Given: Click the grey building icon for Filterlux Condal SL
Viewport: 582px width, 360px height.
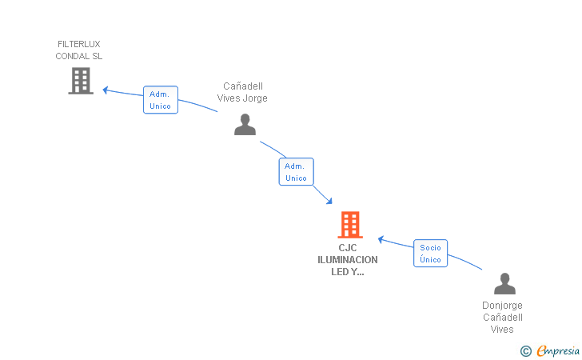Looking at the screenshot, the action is coord(81,81).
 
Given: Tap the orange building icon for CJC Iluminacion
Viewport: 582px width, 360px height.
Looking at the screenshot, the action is coord(350,225).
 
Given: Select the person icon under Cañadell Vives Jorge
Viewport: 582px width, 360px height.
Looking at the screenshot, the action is coord(245,125).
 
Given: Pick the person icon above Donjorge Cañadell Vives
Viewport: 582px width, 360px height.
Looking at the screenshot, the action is coord(504,283).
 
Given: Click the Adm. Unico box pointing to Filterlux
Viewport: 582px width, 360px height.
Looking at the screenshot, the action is coord(161,100).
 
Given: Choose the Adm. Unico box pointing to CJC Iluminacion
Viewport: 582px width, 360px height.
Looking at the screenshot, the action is coord(296,172).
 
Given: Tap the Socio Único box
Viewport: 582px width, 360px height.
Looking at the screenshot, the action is coord(431,254).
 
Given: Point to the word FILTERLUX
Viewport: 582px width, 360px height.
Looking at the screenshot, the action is coord(78,44).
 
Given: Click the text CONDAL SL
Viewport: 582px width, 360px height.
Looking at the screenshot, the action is coord(78,56).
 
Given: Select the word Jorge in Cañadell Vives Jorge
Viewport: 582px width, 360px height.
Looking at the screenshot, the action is coord(255,98).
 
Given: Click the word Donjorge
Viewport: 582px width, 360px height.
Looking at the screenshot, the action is coord(502,306).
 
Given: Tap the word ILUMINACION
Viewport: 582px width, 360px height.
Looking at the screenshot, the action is coord(348,260).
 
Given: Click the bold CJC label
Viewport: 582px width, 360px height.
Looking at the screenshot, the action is coord(348,248).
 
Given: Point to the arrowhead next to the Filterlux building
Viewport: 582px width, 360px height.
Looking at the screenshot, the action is coord(106,90).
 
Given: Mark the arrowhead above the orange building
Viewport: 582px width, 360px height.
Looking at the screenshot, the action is coord(329,201).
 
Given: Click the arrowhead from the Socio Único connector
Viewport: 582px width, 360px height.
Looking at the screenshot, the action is coord(381,240).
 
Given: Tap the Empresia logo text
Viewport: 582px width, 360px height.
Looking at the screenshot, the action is coord(558,350).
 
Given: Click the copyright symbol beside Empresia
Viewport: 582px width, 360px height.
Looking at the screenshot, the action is coord(525,351).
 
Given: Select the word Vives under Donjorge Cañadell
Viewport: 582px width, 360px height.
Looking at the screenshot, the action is coord(502,330).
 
